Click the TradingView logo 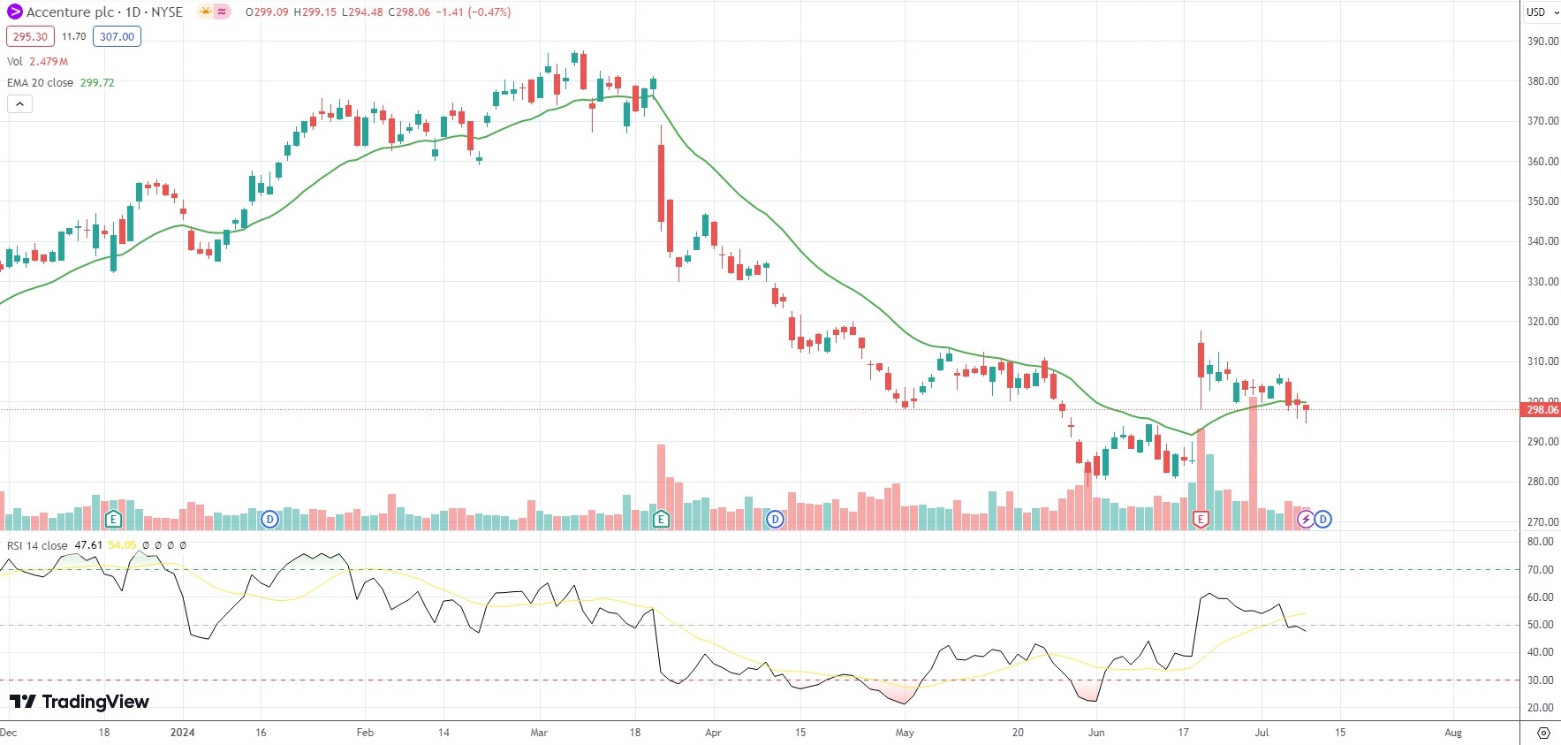(x=80, y=702)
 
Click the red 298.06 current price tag (x=1542, y=409)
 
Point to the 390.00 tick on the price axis (x=1542, y=41)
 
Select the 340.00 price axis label (x=1542, y=241)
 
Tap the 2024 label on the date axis (x=183, y=733)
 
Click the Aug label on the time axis (x=1452, y=733)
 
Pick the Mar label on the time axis (x=539, y=733)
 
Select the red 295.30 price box (x=30, y=36)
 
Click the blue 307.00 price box (x=117, y=36)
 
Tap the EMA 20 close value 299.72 (x=97, y=82)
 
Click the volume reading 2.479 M (x=49, y=61)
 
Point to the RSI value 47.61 (x=88, y=545)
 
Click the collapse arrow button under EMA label (x=19, y=104)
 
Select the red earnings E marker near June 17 (x=1200, y=520)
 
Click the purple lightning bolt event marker (x=1306, y=520)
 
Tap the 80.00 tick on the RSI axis (x=1541, y=542)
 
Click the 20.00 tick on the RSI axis (x=1541, y=708)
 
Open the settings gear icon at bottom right (x=1543, y=733)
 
